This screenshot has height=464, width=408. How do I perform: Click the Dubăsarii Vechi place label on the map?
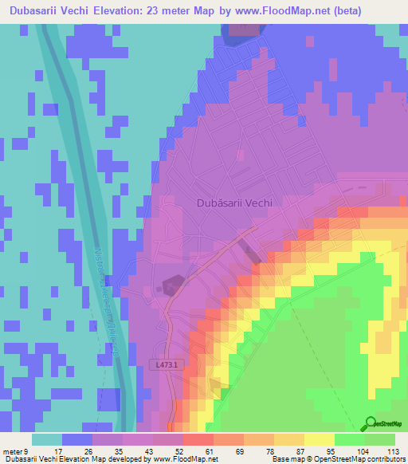tap(234, 203)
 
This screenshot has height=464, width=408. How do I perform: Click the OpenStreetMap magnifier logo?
tap(371, 423)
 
